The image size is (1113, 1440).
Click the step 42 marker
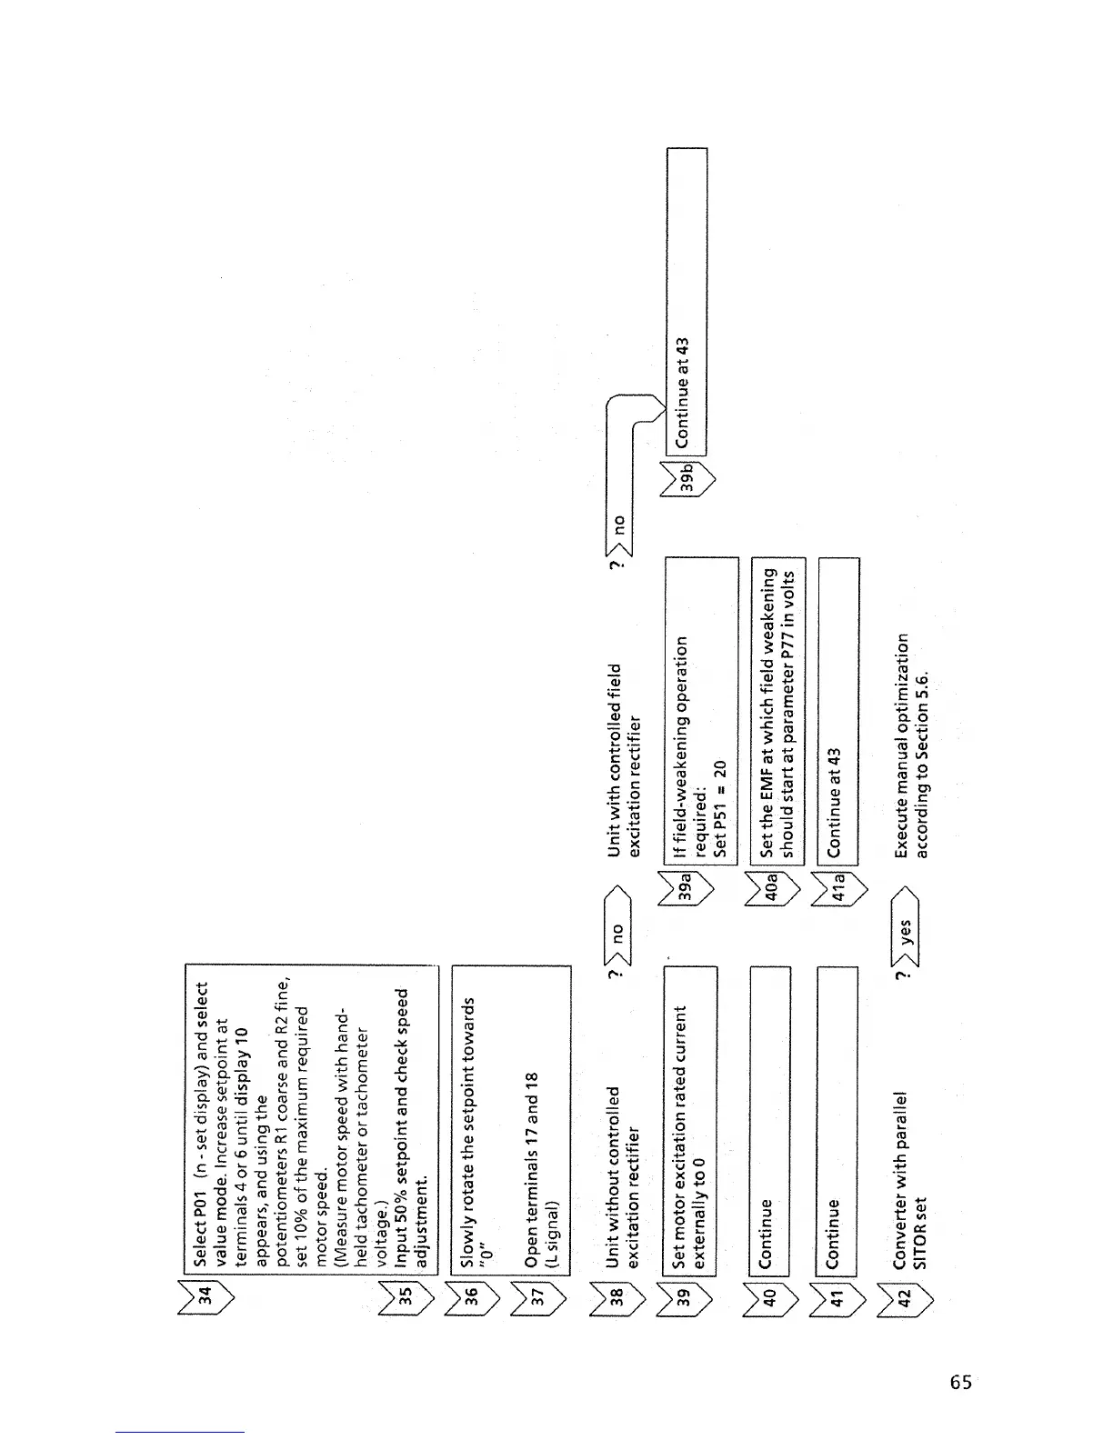point(904,1293)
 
